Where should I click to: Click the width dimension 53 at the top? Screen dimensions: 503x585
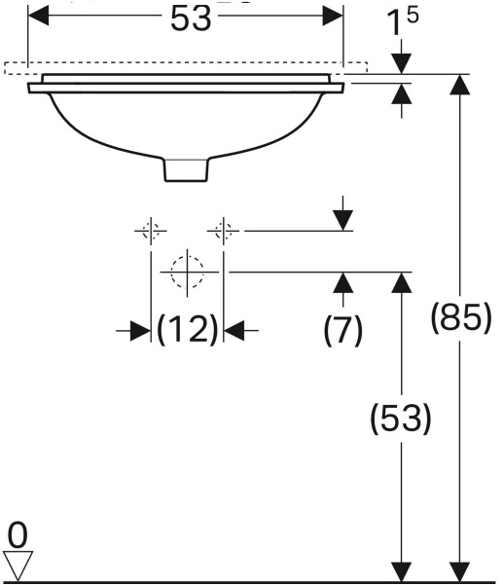[x=191, y=18]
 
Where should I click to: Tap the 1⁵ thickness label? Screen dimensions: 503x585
[x=403, y=21]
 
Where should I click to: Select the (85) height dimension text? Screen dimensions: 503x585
[x=461, y=318]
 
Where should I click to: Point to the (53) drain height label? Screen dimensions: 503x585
[x=401, y=419]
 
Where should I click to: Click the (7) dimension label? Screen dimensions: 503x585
[x=342, y=330]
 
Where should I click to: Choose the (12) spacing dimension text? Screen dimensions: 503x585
[x=187, y=329]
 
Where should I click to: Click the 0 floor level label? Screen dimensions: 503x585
[x=18, y=535]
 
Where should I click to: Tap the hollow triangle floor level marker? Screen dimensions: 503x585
[x=18, y=566]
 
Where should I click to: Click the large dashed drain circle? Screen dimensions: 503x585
[x=187, y=272]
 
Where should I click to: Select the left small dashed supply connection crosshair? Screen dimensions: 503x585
[x=151, y=231]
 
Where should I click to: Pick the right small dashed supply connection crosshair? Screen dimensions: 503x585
[x=223, y=231]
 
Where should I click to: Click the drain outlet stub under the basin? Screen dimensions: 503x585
[x=186, y=170]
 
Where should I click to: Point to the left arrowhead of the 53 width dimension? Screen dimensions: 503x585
[x=38, y=16]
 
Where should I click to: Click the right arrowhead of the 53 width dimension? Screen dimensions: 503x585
[x=333, y=16]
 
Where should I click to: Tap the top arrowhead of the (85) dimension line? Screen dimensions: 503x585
[x=459, y=85]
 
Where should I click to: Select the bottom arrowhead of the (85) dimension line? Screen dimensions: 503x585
[x=459, y=571]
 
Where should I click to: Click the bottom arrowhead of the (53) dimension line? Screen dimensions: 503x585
[x=402, y=571]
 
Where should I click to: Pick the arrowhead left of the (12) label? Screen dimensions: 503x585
[x=140, y=331]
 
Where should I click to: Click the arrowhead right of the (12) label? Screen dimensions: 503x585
[x=234, y=331]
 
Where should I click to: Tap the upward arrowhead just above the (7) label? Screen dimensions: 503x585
[x=343, y=283]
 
